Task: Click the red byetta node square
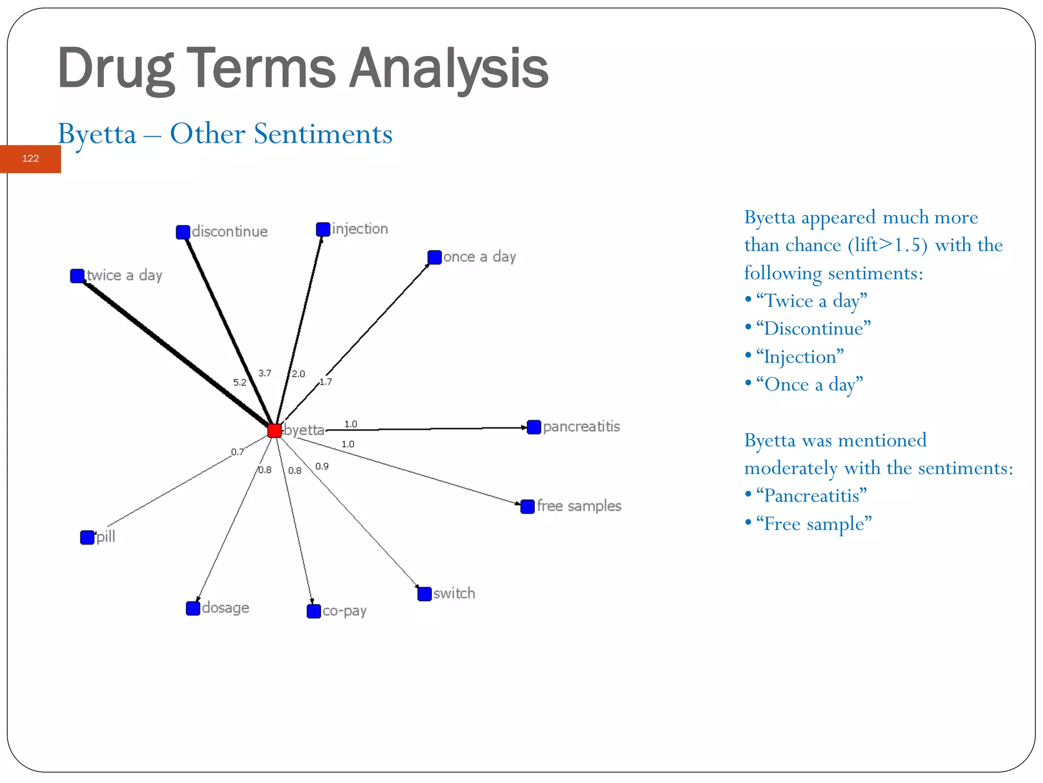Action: (x=275, y=431)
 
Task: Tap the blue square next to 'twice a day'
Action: (x=77, y=276)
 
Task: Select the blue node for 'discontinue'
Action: (x=183, y=232)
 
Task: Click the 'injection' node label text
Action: (x=360, y=229)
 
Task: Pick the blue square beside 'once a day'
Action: (x=434, y=257)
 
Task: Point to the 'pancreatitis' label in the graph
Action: (x=581, y=426)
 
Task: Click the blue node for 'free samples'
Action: (x=528, y=506)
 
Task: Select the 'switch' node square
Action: (x=424, y=594)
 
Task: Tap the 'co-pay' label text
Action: (x=344, y=611)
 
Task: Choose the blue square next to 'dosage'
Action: (x=193, y=608)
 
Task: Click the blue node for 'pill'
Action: (x=87, y=537)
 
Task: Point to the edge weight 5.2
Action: (x=239, y=382)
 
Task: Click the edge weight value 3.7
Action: (x=265, y=373)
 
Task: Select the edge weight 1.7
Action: (x=326, y=382)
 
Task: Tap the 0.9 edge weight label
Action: (x=322, y=466)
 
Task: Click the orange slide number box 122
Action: (x=31, y=159)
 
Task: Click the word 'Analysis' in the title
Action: (x=449, y=68)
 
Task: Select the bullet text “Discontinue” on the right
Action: (x=813, y=329)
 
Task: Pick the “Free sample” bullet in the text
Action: (x=813, y=524)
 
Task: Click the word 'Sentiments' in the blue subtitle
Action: (x=323, y=134)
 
